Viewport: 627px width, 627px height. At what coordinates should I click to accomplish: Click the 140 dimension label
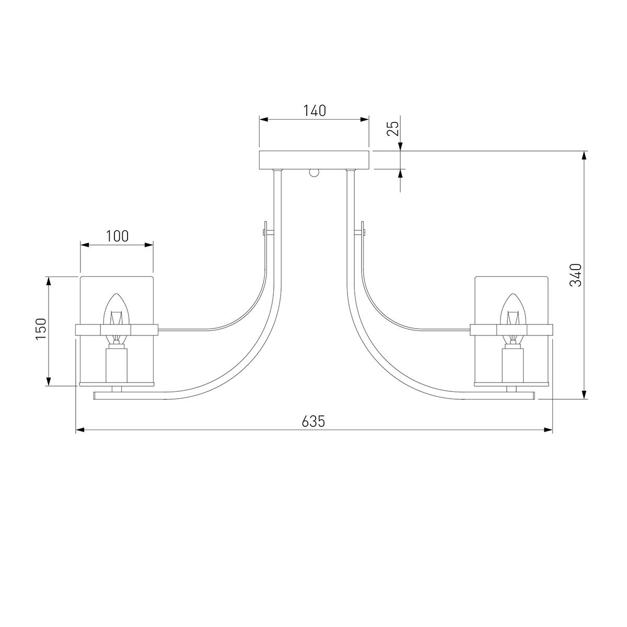315,111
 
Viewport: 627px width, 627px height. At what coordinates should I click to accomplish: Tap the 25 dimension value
393,128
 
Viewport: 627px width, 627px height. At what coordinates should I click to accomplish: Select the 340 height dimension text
575,275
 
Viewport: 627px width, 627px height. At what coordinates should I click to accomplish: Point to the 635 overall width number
313,421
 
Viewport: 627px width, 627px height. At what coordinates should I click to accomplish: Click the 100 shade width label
117,236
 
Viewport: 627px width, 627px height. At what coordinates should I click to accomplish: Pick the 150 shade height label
41,329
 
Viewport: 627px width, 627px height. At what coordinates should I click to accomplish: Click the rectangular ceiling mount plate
313,160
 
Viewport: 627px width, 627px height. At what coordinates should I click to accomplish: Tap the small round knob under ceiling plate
315,173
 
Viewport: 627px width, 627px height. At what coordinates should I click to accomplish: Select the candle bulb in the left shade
117,317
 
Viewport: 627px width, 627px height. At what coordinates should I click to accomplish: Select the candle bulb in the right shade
511,317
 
